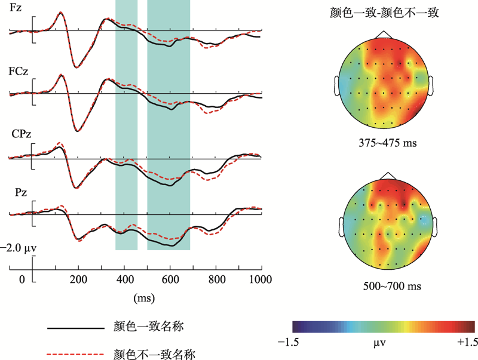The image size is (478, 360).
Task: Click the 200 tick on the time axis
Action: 78,279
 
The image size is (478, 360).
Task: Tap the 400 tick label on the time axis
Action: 124,279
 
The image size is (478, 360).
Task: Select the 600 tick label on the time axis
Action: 170,279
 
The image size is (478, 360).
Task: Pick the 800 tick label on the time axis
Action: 216,279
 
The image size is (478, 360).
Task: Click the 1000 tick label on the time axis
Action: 259,279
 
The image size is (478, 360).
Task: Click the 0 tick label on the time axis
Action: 23,279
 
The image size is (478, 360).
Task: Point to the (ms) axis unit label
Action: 144,297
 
